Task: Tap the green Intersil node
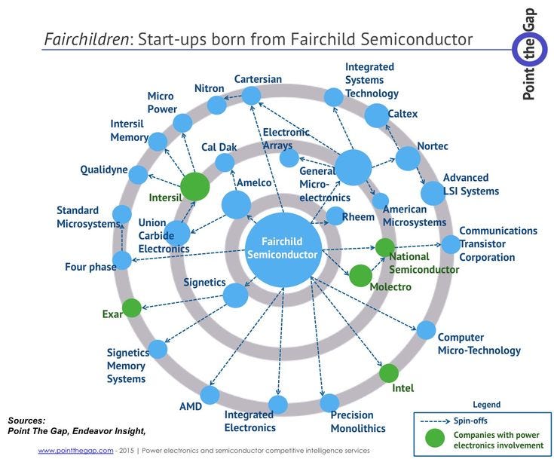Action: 194,186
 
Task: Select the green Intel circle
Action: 388,373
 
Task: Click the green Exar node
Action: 132,308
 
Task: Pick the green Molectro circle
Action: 360,275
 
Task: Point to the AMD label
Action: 190,407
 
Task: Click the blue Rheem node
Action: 335,216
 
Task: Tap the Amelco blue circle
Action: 236,204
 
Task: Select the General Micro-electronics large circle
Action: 353,167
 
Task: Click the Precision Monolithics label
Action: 358,421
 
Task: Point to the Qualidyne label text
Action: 104,170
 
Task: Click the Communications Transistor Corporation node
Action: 450,244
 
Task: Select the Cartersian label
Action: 258,79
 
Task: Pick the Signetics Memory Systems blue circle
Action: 158,349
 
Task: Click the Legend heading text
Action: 486,405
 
